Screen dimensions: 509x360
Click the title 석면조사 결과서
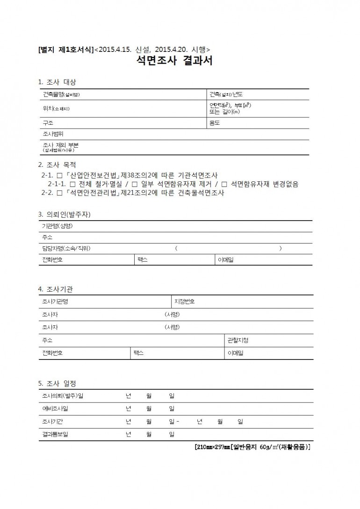[x=174, y=61]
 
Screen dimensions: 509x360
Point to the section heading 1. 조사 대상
[x=57, y=82]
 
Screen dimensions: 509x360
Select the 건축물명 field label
[x=61, y=94]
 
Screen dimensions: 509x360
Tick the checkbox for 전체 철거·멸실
[x=72, y=184]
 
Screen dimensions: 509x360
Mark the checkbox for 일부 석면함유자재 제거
[x=134, y=184]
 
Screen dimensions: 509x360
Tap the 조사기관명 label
[x=55, y=301]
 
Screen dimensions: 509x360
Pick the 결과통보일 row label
[x=55, y=435]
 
